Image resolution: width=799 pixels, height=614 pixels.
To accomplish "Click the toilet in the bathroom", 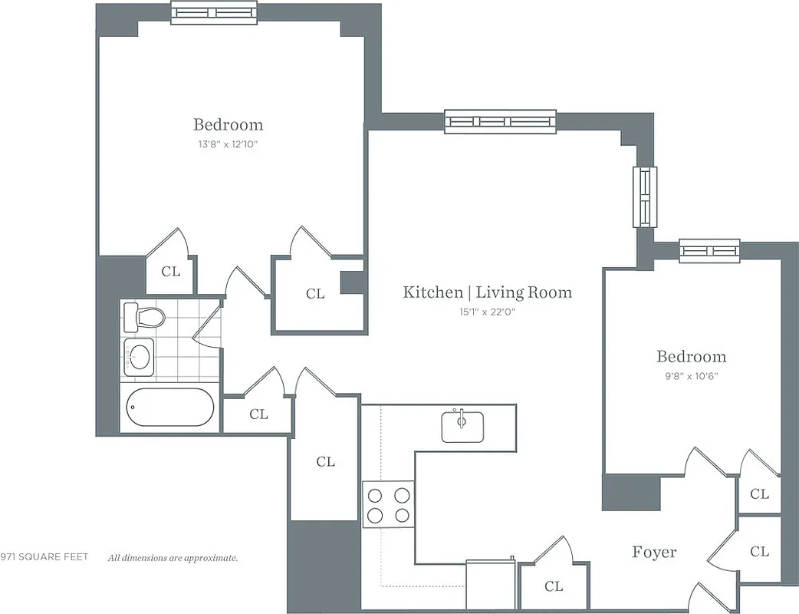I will point(145,317).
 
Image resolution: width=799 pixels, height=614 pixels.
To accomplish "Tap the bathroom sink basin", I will point(139,356).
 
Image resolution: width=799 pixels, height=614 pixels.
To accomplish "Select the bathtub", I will point(170,407).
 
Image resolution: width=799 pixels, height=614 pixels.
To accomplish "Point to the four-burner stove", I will point(388,504).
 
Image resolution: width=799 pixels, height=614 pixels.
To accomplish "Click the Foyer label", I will point(654,552).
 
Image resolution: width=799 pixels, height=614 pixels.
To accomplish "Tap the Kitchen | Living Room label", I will point(487,292).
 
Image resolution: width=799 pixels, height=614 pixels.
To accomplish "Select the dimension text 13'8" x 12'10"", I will point(228,144).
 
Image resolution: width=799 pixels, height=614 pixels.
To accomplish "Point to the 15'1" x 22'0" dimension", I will point(487,312).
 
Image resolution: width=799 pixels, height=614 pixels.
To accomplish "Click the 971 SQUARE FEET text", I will point(44,557).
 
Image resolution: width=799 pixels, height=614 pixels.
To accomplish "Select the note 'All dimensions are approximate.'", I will point(173,558).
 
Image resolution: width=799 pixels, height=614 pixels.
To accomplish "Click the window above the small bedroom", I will point(709,251).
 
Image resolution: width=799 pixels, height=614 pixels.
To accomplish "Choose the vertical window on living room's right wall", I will point(644,196).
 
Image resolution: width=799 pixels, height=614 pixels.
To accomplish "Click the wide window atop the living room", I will point(500,121).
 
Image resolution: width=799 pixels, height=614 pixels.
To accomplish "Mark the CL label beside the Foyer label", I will point(760,551).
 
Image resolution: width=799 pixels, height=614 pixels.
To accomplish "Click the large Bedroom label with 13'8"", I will point(228,124).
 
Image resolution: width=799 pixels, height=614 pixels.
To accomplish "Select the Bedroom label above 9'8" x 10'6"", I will point(691,356).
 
